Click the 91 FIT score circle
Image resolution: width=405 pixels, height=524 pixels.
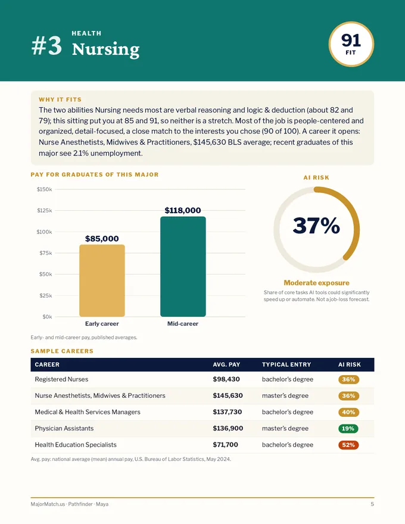[x=351, y=44]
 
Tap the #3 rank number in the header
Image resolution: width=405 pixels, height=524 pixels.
[x=47, y=46]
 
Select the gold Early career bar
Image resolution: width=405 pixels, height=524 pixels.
[x=102, y=280]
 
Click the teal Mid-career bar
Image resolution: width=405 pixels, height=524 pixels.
[x=183, y=266]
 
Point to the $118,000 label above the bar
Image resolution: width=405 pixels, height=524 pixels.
[x=183, y=210]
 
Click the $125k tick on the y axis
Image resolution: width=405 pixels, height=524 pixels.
[x=45, y=211]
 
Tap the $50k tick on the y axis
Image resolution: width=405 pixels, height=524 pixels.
[x=46, y=275]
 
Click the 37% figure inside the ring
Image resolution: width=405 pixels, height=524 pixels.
[x=316, y=226]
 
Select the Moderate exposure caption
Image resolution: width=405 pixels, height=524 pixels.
[x=316, y=283]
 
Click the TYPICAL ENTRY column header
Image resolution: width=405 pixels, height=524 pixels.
[x=286, y=364]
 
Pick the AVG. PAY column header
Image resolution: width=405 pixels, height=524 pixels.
[x=226, y=364]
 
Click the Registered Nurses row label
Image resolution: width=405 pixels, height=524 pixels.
[x=61, y=379]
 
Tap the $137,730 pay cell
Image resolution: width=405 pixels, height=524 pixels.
[x=228, y=412]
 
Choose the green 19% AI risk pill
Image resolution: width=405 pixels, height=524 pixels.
[x=348, y=428]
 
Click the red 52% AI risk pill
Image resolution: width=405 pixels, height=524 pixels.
[x=348, y=445]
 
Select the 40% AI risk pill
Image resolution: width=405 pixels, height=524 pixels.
[x=348, y=412]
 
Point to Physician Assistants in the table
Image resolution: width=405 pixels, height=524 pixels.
[x=64, y=428]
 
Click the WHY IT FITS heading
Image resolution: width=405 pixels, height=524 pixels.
[x=60, y=99]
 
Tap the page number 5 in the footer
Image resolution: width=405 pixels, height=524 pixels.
[x=372, y=504]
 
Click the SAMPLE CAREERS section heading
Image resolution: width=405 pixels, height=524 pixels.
[x=62, y=351]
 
